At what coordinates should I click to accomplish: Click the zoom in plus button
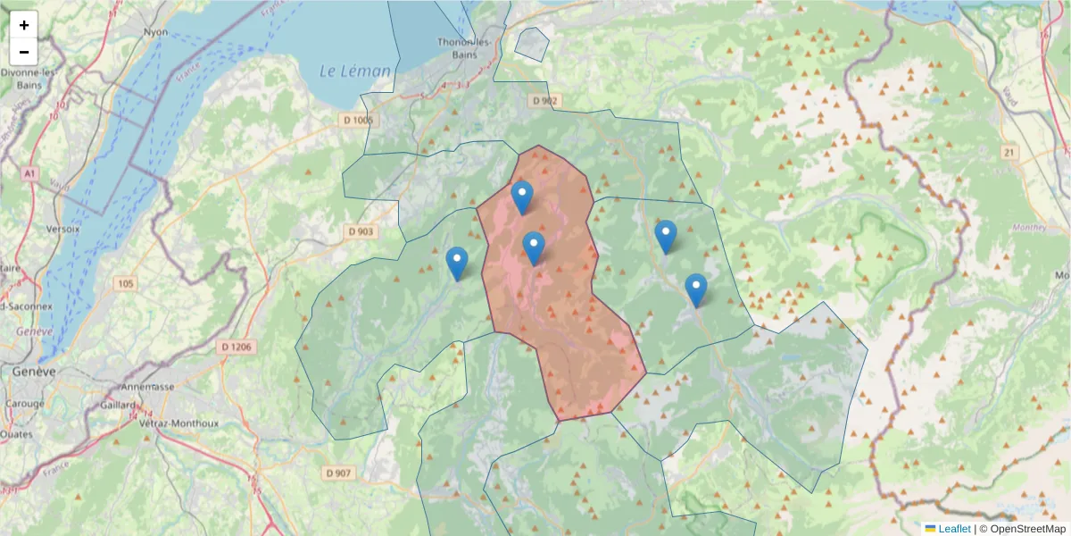click(24, 25)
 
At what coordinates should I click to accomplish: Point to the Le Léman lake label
click(355, 71)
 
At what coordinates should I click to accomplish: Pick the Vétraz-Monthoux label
click(179, 423)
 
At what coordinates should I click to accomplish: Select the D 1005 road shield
click(360, 120)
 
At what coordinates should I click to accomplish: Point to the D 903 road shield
click(361, 231)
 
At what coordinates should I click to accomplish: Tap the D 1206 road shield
click(237, 347)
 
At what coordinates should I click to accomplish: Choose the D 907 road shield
click(339, 473)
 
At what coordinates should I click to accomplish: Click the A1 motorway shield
click(30, 172)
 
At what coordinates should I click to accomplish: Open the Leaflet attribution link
click(954, 529)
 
